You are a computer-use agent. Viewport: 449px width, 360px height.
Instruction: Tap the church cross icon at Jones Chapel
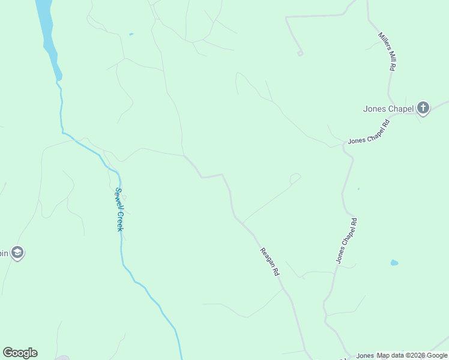[x=423, y=108]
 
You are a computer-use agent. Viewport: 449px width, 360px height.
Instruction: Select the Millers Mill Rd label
[x=387, y=52]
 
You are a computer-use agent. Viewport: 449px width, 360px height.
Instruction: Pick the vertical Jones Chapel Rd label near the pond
[x=346, y=241]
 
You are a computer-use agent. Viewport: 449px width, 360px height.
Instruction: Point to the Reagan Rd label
[x=270, y=262]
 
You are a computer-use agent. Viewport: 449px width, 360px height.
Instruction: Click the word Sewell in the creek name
[x=118, y=199]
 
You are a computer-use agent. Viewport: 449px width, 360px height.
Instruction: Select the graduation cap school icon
[x=17, y=253]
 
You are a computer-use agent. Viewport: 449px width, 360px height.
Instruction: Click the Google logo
[x=20, y=353]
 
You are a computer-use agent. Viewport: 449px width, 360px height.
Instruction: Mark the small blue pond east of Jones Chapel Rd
[x=394, y=263]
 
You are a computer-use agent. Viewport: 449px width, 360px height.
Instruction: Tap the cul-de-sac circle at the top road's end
[x=300, y=53]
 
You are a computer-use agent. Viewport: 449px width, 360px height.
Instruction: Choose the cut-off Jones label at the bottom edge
[x=364, y=356]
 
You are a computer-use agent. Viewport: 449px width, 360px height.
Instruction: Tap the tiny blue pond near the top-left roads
[x=131, y=34]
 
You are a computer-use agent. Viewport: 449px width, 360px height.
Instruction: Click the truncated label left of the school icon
[x=4, y=253]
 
